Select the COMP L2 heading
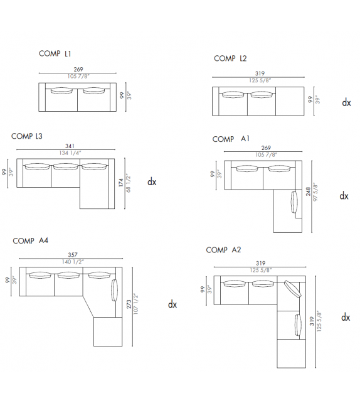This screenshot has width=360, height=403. point(230,58)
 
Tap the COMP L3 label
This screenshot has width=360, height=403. point(26,136)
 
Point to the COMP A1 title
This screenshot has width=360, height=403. point(231,139)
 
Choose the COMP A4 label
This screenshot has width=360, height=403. point(30,240)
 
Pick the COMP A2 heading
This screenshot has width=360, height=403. point(223,250)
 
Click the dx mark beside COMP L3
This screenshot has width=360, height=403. point(152,183)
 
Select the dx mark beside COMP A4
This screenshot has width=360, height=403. point(172,304)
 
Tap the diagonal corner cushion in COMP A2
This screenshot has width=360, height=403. point(292,290)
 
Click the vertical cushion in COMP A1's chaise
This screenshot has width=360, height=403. point(295,205)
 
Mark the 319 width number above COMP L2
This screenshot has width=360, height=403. point(259,73)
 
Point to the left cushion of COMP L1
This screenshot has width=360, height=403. point(60,91)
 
